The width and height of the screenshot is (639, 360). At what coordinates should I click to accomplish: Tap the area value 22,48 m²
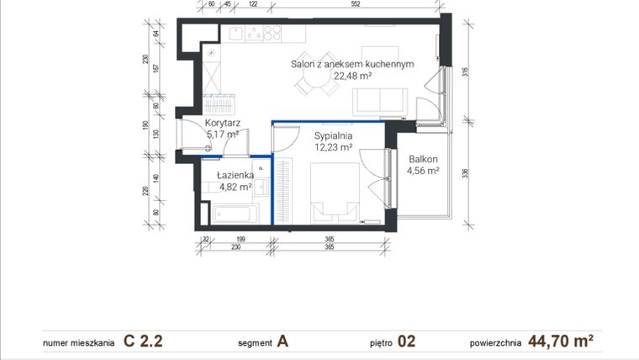click(x=352, y=76)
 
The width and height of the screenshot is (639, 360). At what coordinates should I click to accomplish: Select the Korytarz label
click(x=223, y=123)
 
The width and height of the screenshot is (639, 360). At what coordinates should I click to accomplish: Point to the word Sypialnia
click(x=333, y=135)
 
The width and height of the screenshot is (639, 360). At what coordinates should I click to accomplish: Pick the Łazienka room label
click(x=235, y=175)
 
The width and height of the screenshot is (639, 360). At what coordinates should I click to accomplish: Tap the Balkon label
click(x=423, y=159)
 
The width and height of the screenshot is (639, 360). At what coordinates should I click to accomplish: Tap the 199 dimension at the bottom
click(x=240, y=240)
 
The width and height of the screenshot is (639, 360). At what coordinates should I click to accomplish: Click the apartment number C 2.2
click(x=142, y=341)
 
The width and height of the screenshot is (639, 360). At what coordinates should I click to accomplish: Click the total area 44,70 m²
click(x=562, y=341)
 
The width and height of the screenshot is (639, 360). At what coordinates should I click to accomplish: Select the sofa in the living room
click(x=380, y=102)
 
